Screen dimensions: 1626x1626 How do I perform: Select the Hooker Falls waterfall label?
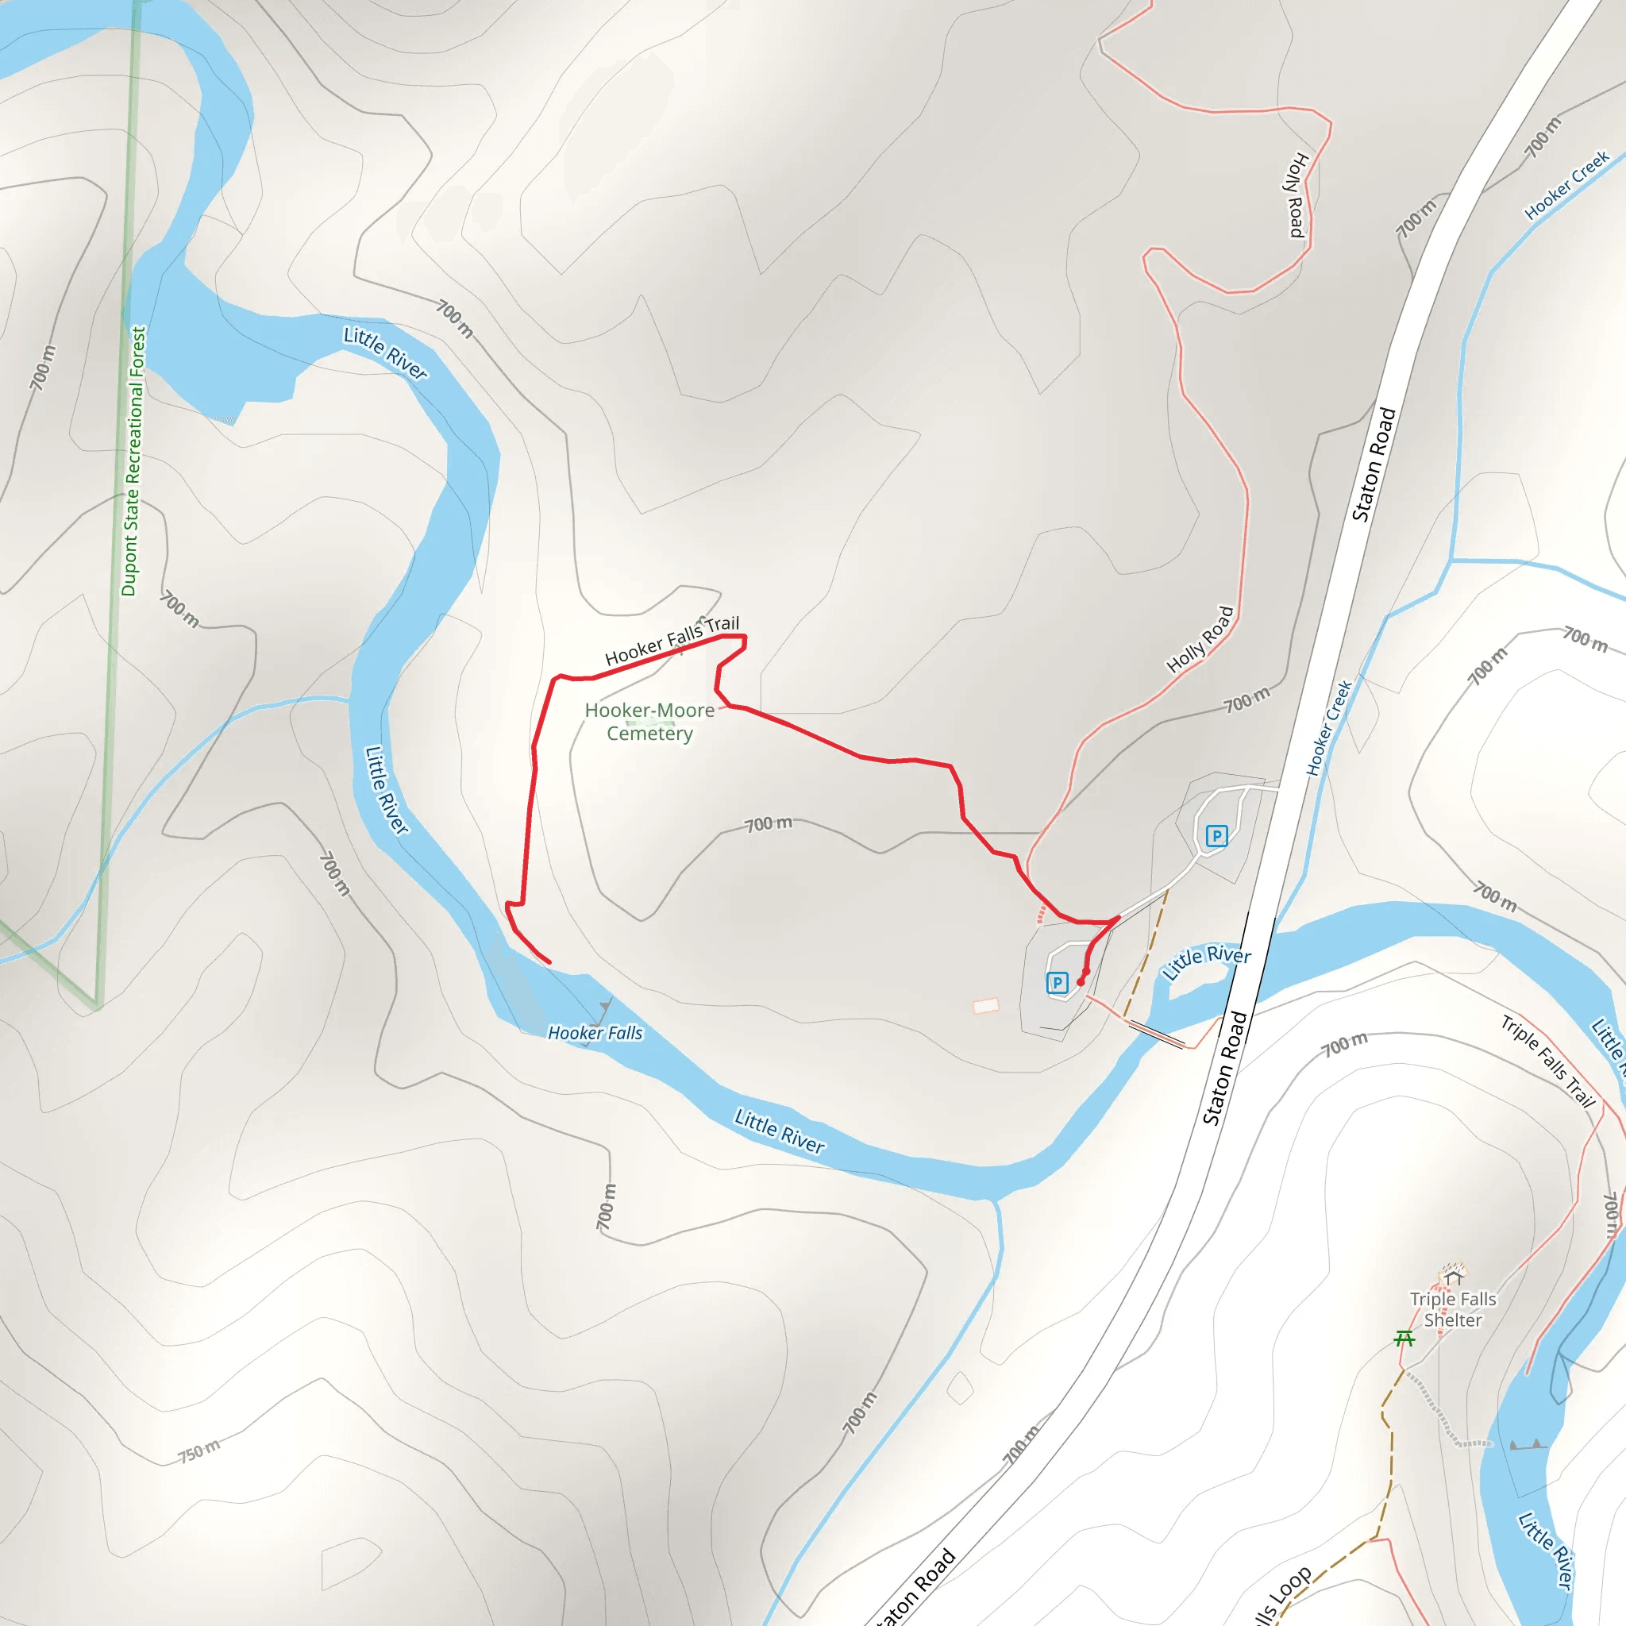[595, 1033]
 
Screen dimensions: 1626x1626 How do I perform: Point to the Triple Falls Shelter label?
[1453, 1309]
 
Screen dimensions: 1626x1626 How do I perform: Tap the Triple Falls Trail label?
[1547, 1062]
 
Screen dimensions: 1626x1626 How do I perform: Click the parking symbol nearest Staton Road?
[1216, 836]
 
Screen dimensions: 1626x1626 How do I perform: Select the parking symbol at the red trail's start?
[1057, 982]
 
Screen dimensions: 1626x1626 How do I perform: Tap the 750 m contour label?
[199, 1452]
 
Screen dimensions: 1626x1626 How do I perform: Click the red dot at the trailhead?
[1081, 981]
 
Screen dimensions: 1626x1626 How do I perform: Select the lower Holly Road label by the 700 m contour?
[1200, 640]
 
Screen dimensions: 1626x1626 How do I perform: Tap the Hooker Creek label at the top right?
[1566, 184]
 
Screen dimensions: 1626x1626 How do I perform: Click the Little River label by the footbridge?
[1207, 962]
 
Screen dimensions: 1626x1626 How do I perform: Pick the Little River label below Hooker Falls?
[780, 1131]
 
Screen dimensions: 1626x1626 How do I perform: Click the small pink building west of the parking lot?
[985, 1006]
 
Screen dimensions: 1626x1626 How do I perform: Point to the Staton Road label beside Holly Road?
[1374, 464]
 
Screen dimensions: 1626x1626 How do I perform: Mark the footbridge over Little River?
[1156, 1034]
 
